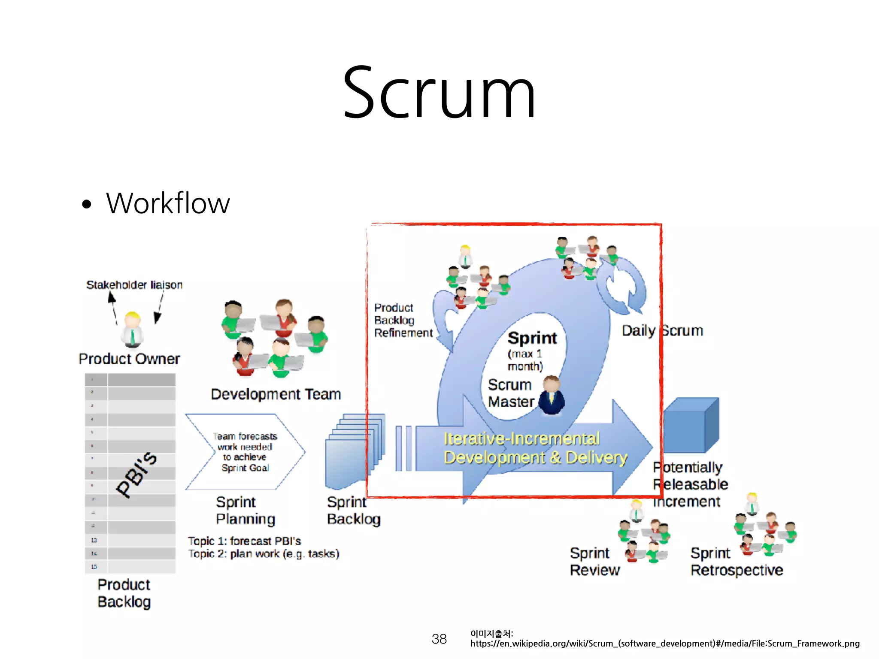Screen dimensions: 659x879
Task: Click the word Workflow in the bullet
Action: tap(168, 203)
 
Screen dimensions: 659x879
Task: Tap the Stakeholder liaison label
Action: tap(134, 285)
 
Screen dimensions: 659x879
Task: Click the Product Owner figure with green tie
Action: tap(132, 329)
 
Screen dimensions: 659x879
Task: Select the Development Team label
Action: tap(276, 394)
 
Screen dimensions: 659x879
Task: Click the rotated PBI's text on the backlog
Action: tap(136, 474)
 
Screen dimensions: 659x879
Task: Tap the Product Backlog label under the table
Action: tap(124, 593)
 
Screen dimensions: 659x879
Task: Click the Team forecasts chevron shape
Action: tap(245, 452)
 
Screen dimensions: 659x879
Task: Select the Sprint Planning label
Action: tap(245, 511)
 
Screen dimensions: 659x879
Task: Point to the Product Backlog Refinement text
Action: tap(403, 320)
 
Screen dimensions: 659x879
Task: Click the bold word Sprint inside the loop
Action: tap(532, 338)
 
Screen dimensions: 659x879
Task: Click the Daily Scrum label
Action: tap(662, 331)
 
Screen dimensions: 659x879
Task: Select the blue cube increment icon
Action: tap(691, 425)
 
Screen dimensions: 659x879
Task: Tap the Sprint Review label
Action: tap(594, 562)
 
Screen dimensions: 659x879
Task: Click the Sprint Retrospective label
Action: tap(737, 562)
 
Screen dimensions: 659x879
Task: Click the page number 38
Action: tap(439, 639)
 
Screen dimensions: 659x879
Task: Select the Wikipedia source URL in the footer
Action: tap(665, 644)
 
